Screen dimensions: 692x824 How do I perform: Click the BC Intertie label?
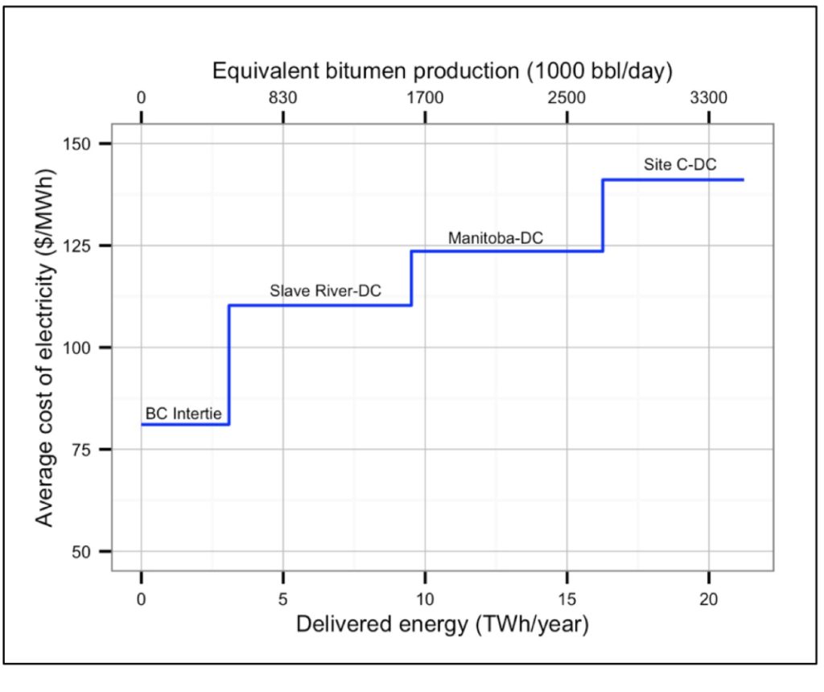pyautogui.click(x=183, y=414)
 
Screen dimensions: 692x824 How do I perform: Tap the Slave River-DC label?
pyautogui.click(x=326, y=291)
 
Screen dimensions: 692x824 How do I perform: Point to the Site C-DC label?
pyautogui.click(x=680, y=165)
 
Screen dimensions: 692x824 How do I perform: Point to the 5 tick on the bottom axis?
pyautogui.click(x=283, y=600)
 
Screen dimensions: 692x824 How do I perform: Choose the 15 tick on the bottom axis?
pyautogui.click(x=566, y=600)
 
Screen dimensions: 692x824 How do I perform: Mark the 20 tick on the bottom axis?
pyautogui.click(x=708, y=600)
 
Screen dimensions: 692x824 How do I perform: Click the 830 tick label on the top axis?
pyautogui.click(x=283, y=98)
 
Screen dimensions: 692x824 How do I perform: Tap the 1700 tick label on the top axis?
pyautogui.click(x=425, y=98)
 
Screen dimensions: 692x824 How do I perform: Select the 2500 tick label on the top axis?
pyautogui.click(x=566, y=98)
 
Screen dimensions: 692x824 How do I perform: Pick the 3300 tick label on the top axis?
pyautogui.click(x=708, y=98)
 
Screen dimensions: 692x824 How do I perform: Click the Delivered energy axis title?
pyautogui.click(x=443, y=625)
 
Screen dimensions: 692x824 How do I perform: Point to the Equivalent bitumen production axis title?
pyautogui.click(x=443, y=71)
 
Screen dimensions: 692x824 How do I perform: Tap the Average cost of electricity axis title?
pyautogui.click(x=46, y=348)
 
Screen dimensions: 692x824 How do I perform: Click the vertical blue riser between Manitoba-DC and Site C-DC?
pyautogui.click(x=603, y=216)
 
